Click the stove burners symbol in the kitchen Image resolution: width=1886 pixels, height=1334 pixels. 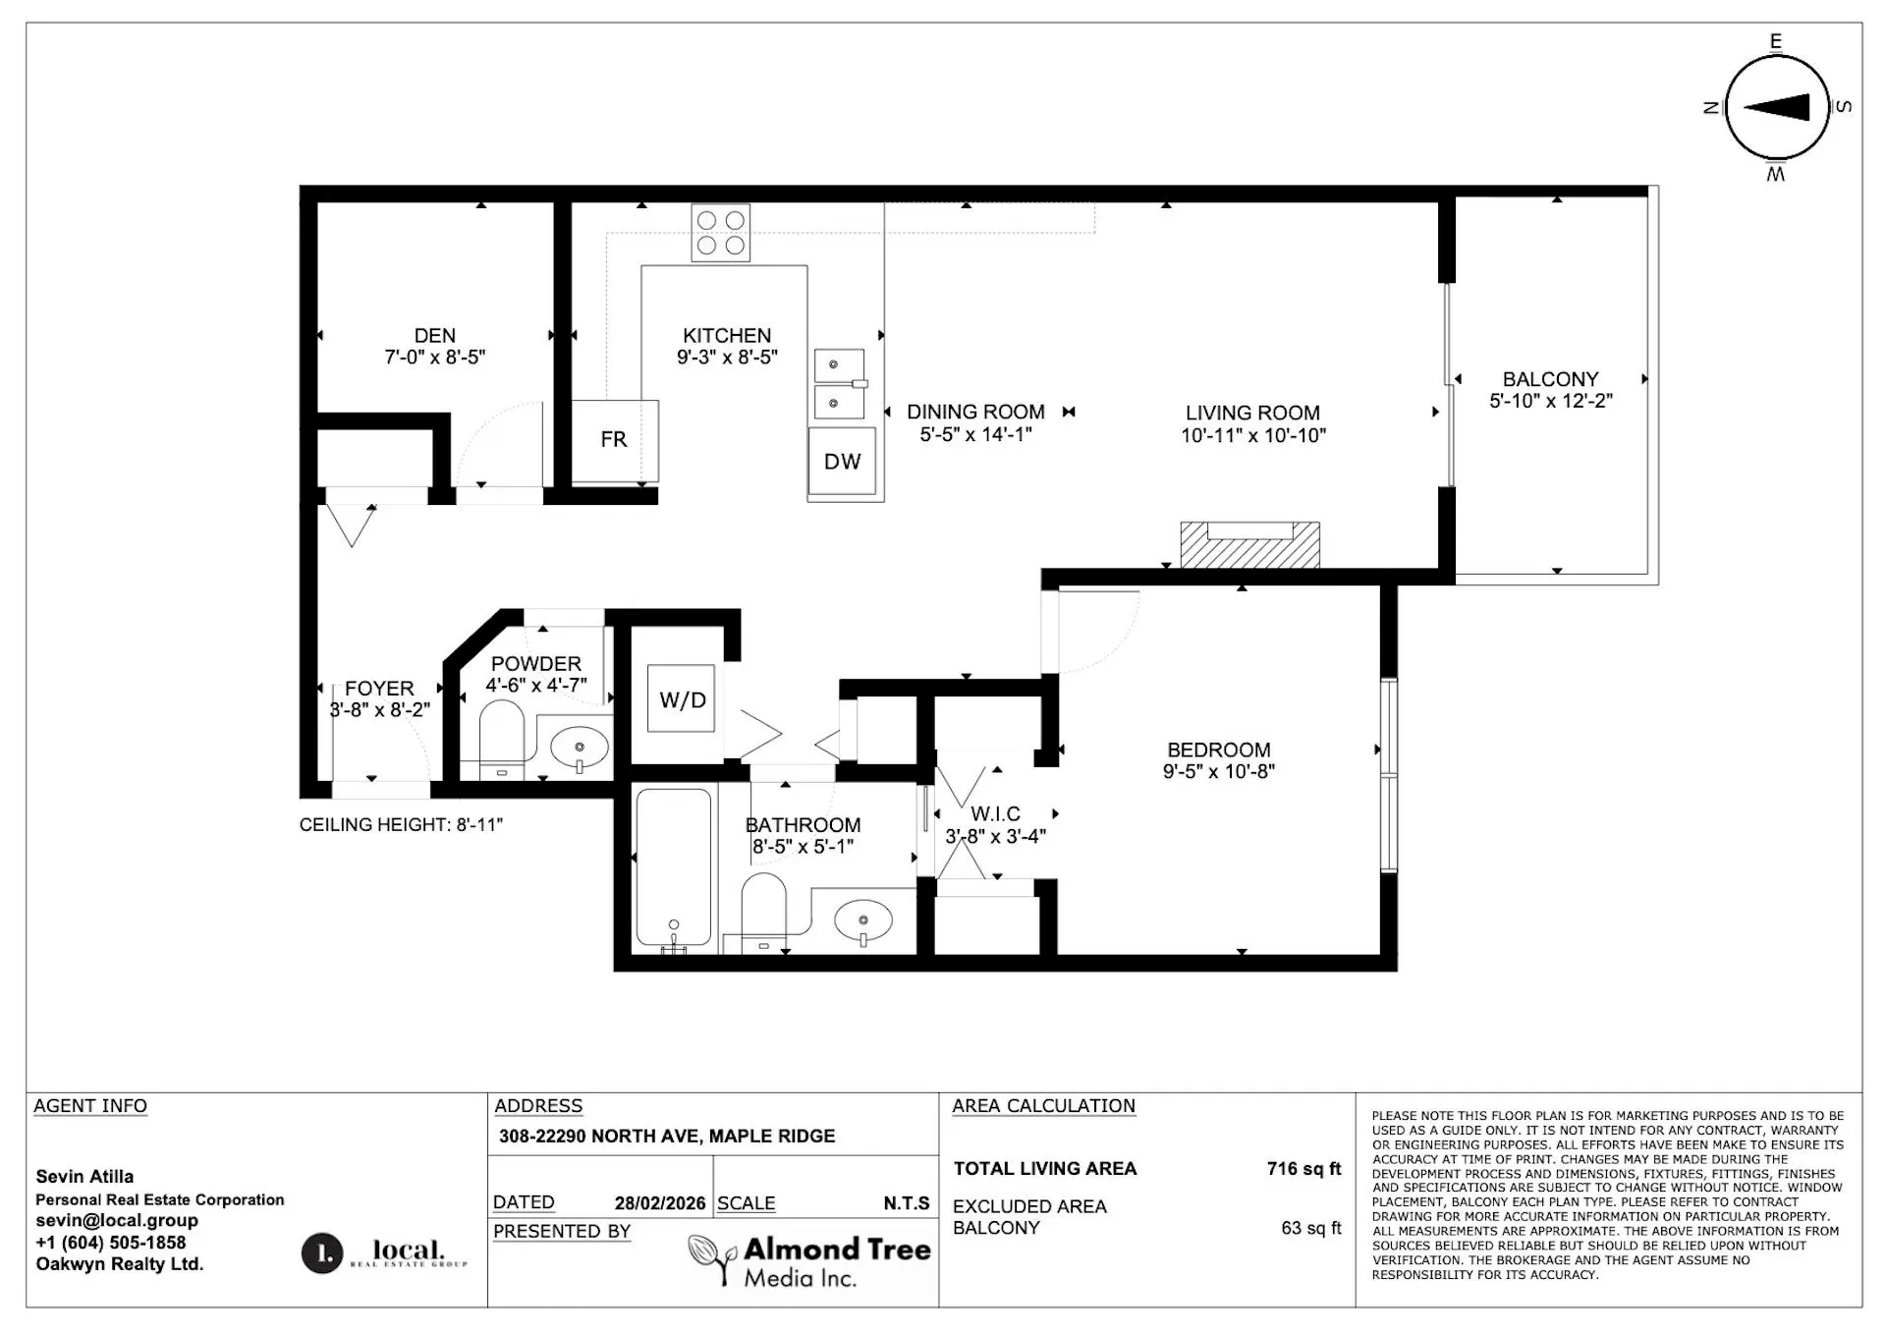(720, 233)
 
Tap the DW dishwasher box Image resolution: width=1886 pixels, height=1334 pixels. (842, 462)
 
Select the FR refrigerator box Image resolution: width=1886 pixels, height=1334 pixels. (614, 440)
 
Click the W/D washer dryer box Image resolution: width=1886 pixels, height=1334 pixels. (683, 699)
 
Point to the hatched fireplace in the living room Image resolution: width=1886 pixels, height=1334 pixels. (1249, 546)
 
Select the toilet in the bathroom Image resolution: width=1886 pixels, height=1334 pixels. (764, 909)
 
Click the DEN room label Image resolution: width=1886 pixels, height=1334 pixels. (434, 336)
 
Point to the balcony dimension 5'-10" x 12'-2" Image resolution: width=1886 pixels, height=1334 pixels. (1550, 401)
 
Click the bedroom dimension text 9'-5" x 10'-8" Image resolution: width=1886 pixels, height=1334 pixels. (1218, 772)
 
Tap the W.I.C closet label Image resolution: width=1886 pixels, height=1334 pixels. (995, 814)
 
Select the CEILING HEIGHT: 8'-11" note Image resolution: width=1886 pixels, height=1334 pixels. (401, 825)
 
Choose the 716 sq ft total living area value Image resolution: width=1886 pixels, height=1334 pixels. (1304, 1169)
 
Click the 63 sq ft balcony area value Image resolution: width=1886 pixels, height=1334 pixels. (1310, 1228)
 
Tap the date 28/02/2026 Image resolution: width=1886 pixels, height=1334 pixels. (660, 1203)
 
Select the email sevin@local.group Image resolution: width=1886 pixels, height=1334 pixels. (117, 1221)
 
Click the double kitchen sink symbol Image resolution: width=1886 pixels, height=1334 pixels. (840, 384)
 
